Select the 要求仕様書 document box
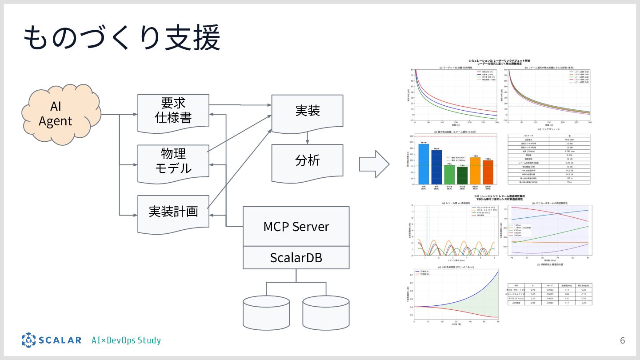pyautogui.click(x=173, y=112)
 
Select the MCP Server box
pyautogui.click(x=296, y=226)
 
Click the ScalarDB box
pyautogui.click(x=296, y=257)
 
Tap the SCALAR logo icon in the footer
pyautogui.click(x=28, y=340)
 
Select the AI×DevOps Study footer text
pyautogui.click(x=126, y=341)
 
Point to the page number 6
pyautogui.click(x=622, y=341)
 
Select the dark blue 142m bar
pyautogui.click(x=436, y=167)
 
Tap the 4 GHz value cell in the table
pyautogui.click(x=569, y=155)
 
